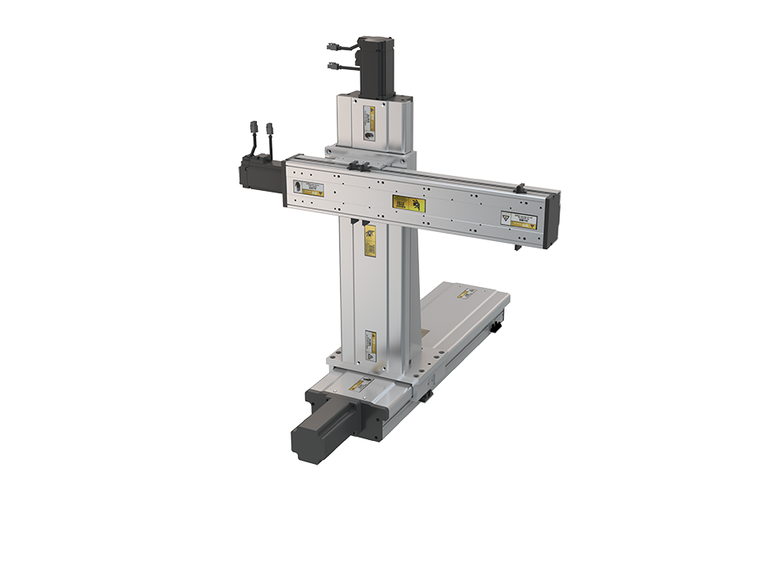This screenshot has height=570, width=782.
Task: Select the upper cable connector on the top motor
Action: pyautogui.click(x=337, y=48)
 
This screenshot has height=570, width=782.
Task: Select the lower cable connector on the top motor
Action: pyautogui.click(x=337, y=67)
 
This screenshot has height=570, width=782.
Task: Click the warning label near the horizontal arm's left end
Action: pyautogui.click(x=309, y=189)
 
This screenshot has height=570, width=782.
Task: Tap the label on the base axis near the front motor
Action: pyautogui.click(x=360, y=384)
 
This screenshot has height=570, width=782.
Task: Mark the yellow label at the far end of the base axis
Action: pyautogui.click(x=466, y=292)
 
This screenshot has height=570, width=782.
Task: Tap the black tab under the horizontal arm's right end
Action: pyautogui.click(x=518, y=245)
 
